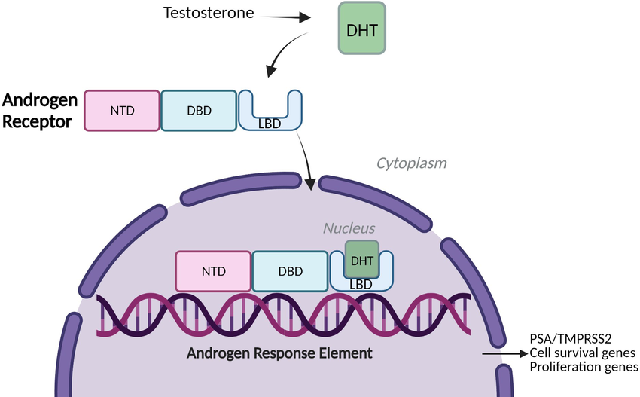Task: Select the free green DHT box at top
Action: point(361,27)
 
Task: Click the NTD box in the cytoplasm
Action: point(122,111)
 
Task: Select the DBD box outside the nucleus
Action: point(198,111)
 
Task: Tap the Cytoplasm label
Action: point(411,163)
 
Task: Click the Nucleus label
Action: point(349,228)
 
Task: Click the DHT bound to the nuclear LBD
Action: point(362,260)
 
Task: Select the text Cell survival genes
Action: point(582,353)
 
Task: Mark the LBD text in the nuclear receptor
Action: point(361,283)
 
